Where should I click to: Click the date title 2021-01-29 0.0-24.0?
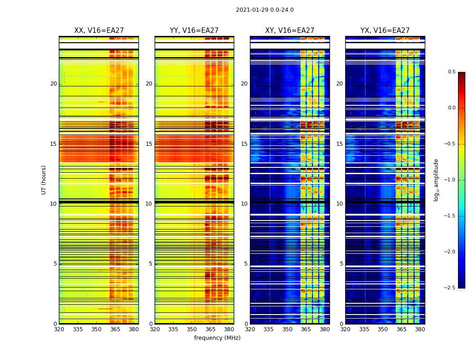click(x=265, y=10)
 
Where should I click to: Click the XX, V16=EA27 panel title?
click(x=99, y=31)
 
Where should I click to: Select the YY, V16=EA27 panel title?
click(x=194, y=31)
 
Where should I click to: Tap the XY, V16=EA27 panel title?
click(x=289, y=31)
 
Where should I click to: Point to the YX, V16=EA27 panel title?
click(x=385, y=31)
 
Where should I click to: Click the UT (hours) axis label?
click(x=44, y=180)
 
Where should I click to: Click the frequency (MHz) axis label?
click(x=217, y=338)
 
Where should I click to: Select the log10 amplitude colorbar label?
click(x=436, y=180)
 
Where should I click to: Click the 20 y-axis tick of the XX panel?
click(x=53, y=84)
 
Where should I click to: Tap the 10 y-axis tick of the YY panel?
click(x=149, y=204)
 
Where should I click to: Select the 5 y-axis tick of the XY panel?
click(x=246, y=264)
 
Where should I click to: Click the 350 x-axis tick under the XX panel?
click(x=96, y=329)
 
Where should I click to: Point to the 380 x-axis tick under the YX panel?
click(x=420, y=329)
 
